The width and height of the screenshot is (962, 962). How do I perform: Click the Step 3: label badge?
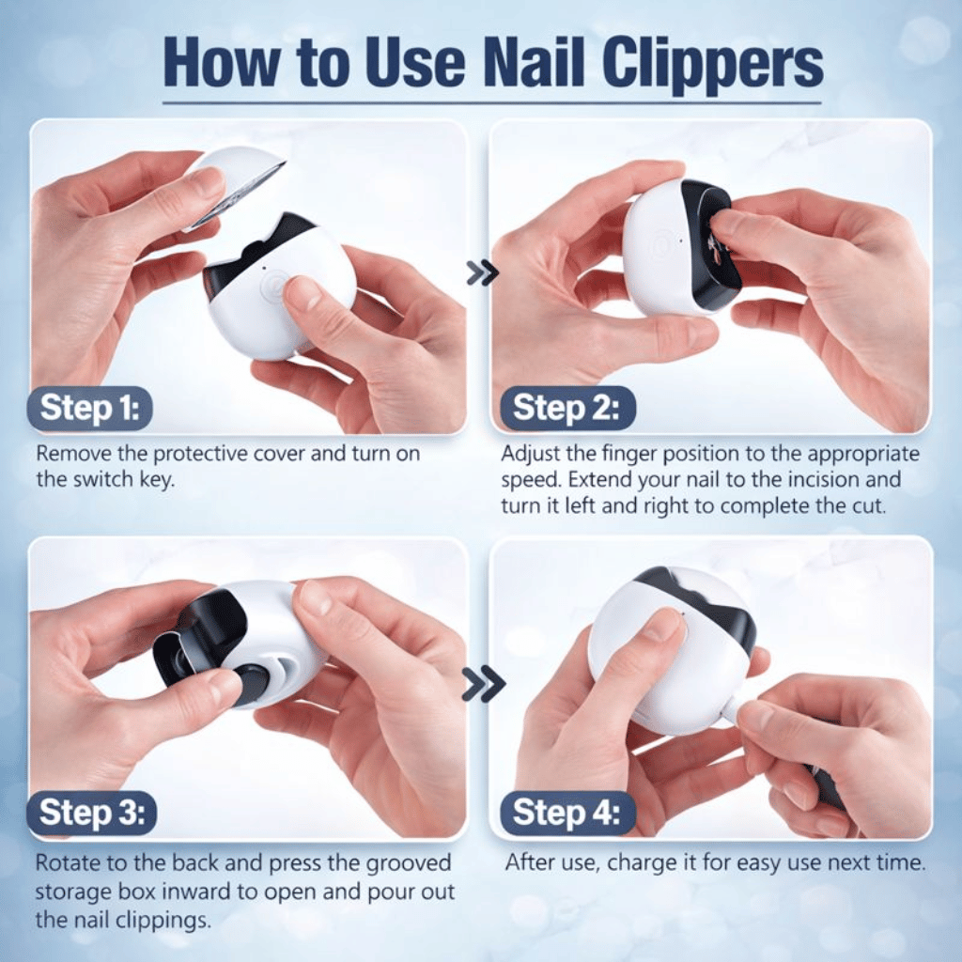tap(92, 814)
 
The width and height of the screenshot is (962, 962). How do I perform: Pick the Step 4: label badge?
tap(566, 814)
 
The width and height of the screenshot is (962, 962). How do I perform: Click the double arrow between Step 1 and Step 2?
tap(482, 273)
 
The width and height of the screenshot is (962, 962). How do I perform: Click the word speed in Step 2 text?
tap(532, 479)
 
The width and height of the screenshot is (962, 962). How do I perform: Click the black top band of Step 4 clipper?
tap(700, 601)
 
